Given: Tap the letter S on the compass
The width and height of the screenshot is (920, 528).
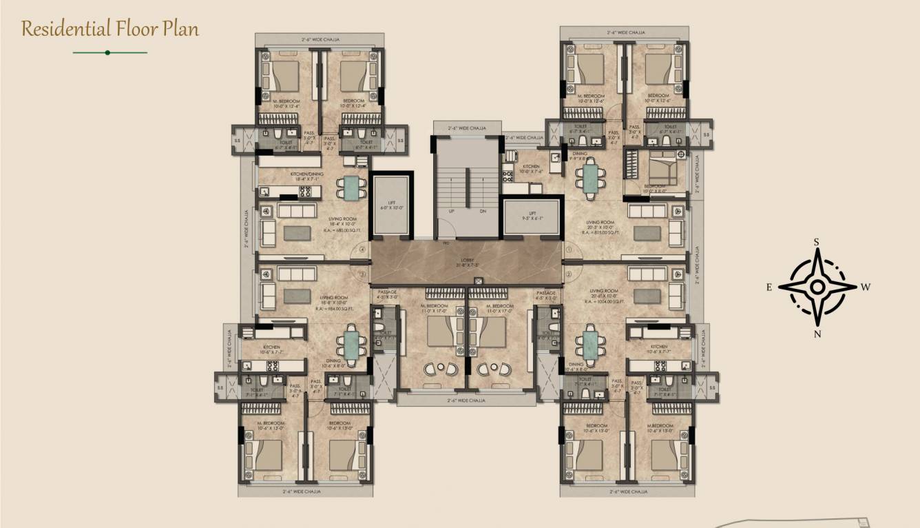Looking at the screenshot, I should [817, 242].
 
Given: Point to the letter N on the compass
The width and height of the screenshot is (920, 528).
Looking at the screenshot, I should [817, 334].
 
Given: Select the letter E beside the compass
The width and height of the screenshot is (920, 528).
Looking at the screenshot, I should [769, 287].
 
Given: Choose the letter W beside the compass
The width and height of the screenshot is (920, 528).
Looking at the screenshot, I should [866, 287].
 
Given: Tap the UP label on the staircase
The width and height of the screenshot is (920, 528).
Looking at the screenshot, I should [452, 212].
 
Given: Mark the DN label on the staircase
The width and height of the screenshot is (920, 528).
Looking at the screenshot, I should [483, 212].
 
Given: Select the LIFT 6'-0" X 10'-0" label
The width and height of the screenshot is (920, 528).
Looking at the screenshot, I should [391, 205].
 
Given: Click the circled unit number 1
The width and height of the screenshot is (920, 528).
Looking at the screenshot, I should [569, 249].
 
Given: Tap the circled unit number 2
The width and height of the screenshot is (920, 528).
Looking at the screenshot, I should [569, 274].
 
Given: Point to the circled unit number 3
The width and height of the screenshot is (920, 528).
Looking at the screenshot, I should [362, 274].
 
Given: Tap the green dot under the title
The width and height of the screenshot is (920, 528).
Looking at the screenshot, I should [107, 52].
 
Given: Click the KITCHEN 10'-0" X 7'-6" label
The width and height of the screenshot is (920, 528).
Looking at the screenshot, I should [531, 169].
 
